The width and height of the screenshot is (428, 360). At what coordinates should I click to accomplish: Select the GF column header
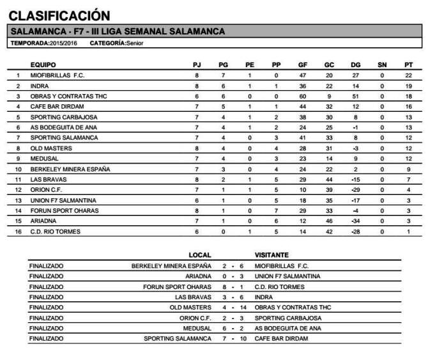coord(303,65)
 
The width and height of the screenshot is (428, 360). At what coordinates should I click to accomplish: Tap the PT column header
coord(408,65)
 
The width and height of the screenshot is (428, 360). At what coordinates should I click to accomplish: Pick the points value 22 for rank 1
coord(408,75)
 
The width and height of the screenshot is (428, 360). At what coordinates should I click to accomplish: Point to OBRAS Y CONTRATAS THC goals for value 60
coord(303,96)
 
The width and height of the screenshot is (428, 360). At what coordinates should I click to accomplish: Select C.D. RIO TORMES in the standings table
coord(55,231)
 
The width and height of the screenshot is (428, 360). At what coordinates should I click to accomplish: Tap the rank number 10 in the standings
coord(19,169)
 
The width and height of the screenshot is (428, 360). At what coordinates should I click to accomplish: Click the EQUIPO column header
coord(43,65)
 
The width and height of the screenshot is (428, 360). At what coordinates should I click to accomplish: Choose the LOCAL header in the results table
coord(200,254)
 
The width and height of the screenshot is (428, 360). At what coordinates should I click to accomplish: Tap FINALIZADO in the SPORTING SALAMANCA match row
coord(47,338)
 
